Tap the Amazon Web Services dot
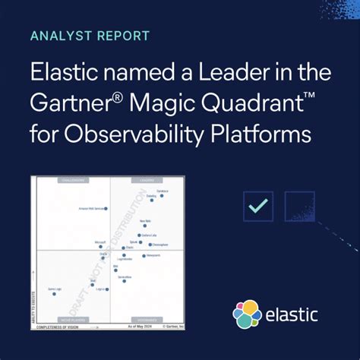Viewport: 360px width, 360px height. [106, 208]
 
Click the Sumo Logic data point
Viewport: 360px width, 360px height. [54, 294]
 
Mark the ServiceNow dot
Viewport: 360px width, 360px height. [124, 282]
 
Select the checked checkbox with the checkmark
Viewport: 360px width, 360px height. [259, 206]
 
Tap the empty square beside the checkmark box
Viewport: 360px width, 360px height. [299, 206]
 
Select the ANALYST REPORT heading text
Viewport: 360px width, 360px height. [90, 36]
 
